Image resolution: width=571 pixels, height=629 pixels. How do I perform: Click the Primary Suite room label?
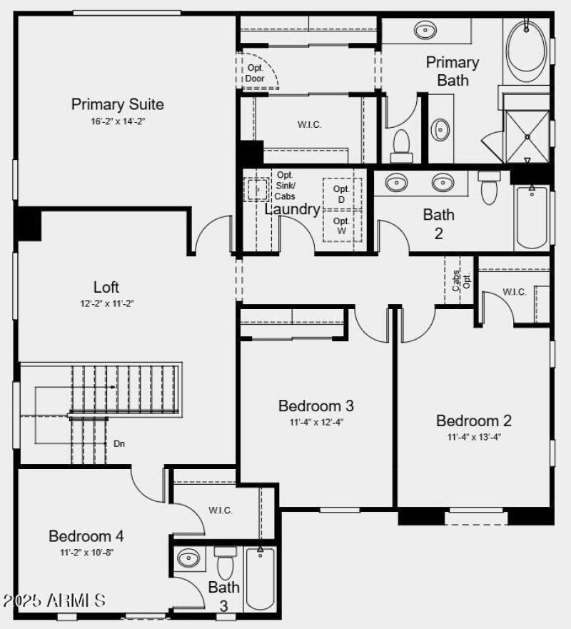(117, 104)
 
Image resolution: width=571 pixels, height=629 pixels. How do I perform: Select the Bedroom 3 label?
(315, 406)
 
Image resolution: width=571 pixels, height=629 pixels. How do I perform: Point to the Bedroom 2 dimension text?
(473, 437)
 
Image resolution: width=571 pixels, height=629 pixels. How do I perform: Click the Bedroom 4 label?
(81, 535)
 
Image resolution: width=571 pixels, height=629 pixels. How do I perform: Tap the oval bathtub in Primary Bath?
(525, 47)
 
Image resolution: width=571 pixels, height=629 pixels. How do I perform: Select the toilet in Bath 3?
(226, 564)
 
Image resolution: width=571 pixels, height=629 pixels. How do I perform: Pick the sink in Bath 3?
(189, 558)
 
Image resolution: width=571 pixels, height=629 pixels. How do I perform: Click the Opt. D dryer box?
(342, 193)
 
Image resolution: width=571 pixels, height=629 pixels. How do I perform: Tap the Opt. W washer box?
(342, 226)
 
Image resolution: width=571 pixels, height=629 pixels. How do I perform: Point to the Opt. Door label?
(255, 73)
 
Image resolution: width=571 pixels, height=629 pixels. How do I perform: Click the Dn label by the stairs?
(119, 443)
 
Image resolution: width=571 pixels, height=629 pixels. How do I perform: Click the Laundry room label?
(293, 209)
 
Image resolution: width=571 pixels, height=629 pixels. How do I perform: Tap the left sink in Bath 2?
(396, 183)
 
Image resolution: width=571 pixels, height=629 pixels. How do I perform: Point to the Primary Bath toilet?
(401, 144)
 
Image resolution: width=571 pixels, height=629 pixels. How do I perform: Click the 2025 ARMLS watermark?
(54, 600)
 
